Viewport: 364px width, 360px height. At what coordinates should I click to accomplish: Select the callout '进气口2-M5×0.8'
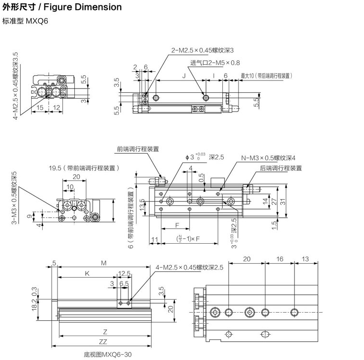(x=215, y=63)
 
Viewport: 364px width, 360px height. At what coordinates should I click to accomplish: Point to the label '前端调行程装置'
(x=138, y=149)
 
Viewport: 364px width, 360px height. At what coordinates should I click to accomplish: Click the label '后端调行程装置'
(x=281, y=168)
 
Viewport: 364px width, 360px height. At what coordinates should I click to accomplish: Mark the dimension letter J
(x=183, y=76)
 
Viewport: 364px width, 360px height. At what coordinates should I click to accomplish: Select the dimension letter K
(x=87, y=273)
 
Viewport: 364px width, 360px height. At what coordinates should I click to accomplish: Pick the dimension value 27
(x=274, y=202)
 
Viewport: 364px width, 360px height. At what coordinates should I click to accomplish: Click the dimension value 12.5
(x=125, y=273)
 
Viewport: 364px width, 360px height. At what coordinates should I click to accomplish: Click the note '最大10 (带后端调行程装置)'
(x=266, y=76)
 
